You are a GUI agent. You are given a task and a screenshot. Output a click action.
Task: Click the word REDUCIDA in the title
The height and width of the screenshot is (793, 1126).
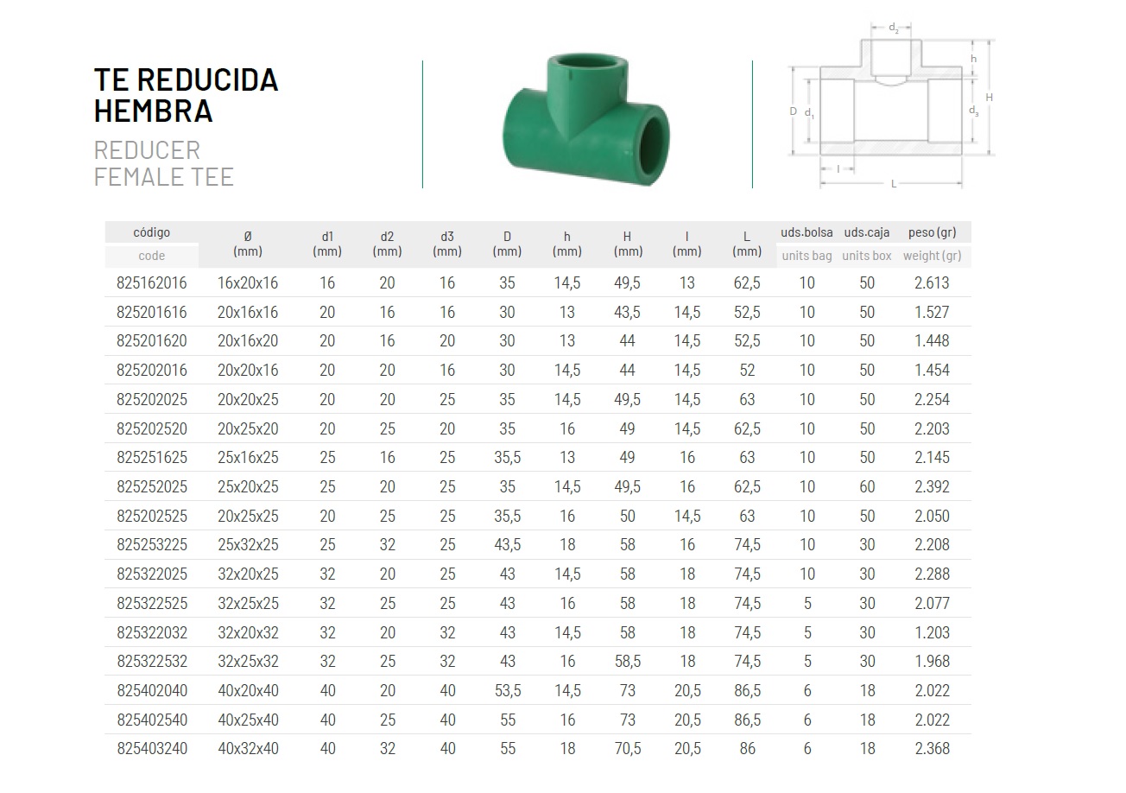click(x=207, y=80)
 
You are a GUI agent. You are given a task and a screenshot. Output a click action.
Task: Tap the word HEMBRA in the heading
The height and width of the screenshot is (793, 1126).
click(x=154, y=111)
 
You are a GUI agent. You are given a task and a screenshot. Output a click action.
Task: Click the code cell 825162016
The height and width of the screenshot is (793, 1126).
click(x=152, y=283)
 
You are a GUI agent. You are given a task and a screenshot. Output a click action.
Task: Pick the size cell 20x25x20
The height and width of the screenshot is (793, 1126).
click(x=248, y=429)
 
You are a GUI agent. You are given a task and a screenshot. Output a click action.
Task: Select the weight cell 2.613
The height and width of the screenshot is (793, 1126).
click(x=932, y=283)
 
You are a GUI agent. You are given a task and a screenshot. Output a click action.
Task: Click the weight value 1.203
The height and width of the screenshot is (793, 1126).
click(x=932, y=632)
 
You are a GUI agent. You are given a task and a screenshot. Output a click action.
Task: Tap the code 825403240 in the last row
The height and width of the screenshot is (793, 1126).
click(x=152, y=749)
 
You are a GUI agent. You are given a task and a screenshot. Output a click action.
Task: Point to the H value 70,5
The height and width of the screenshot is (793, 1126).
click(x=628, y=749)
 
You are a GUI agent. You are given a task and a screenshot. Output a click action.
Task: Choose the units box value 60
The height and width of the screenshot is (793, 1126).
click(x=867, y=486)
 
